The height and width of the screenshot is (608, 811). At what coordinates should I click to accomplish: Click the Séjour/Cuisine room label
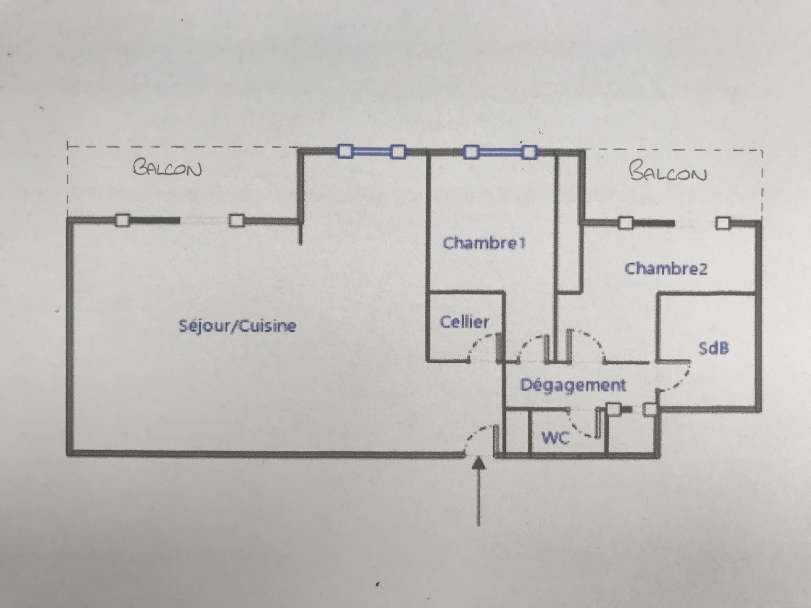click(237, 325)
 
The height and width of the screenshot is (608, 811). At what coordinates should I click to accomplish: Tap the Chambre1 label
click(484, 243)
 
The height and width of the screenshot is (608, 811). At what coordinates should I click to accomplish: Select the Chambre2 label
click(666, 269)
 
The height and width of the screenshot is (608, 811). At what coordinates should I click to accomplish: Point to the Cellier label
click(464, 322)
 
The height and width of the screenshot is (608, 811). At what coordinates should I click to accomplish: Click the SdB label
click(713, 348)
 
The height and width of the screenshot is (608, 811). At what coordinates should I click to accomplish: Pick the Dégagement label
click(573, 385)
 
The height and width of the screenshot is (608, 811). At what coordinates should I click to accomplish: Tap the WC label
click(556, 437)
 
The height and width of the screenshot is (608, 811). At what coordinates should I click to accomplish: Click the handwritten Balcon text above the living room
click(167, 168)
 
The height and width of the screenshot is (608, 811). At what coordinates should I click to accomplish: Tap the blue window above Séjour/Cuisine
click(372, 151)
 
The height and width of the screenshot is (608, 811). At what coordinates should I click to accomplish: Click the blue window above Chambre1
click(500, 151)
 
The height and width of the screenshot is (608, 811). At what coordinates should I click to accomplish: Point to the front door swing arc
click(476, 436)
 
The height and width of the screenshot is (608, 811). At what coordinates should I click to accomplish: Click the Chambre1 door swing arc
click(530, 345)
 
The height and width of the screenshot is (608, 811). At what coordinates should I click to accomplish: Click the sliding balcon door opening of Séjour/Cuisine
click(205, 221)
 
